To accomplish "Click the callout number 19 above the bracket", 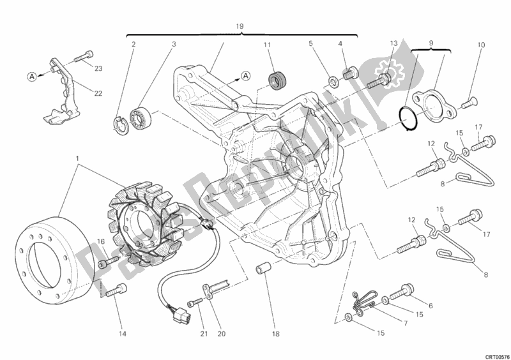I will click(240, 27).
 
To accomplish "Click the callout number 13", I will click(394, 43).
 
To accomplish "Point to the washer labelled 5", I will click(333, 81).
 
